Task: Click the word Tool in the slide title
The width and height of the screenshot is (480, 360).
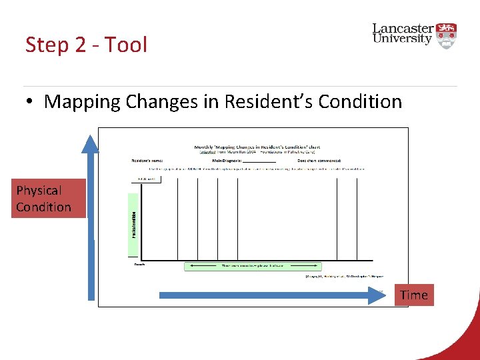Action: [125, 45]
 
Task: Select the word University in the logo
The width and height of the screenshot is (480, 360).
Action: [402, 39]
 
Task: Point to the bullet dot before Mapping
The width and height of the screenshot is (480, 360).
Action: [31, 102]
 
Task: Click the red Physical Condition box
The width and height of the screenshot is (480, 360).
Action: [43, 199]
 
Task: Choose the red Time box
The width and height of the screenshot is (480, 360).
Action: [414, 295]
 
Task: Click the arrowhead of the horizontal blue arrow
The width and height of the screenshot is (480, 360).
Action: [379, 295]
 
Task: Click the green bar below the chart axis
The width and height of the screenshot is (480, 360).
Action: [253, 266]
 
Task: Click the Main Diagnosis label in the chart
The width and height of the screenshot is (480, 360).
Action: [227, 161]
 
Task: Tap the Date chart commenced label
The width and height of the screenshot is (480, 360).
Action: [319, 161]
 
